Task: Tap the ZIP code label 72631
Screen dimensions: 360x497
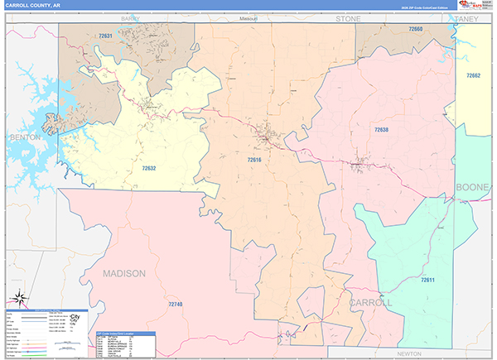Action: (104, 36)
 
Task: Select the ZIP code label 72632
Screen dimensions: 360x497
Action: (148, 168)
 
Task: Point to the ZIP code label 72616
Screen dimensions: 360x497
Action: (254, 159)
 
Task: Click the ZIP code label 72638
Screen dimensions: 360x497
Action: (381, 130)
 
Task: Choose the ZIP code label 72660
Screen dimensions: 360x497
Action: (415, 30)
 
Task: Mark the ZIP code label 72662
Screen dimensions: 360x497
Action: (473, 75)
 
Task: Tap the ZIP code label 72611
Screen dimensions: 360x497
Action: (427, 280)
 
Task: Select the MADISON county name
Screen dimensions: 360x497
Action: (124, 272)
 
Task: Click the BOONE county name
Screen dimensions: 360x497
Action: (473, 188)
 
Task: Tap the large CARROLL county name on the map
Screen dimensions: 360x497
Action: (370, 303)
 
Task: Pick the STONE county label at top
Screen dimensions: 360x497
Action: (349, 17)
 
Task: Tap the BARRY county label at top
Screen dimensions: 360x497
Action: (129, 17)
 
